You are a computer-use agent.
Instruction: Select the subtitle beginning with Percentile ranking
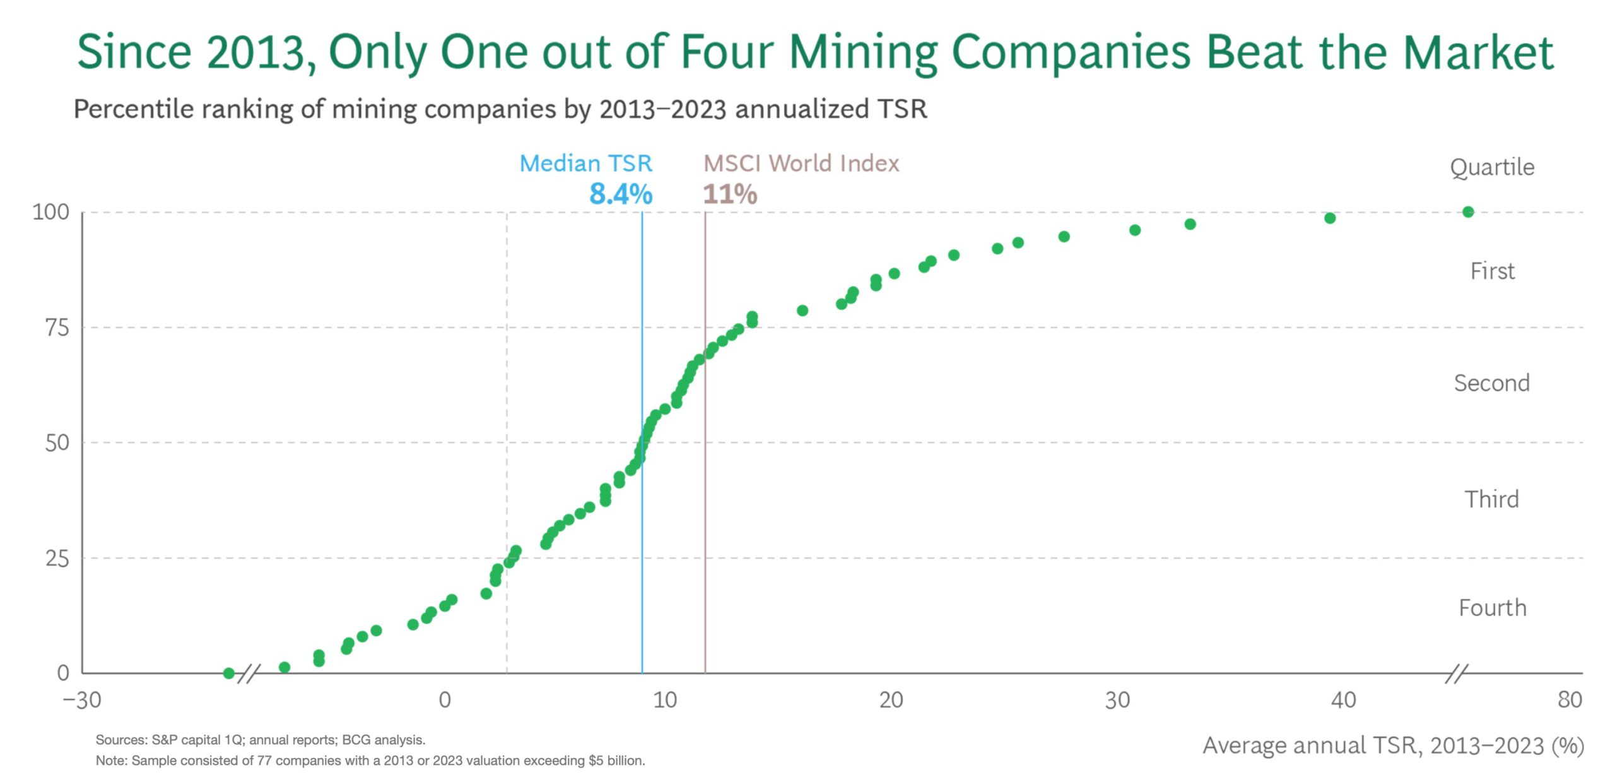tap(500, 109)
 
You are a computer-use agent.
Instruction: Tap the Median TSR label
tap(585, 163)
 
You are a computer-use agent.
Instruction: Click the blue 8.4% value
tap(620, 194)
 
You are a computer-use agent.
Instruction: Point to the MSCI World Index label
tap(801, 163)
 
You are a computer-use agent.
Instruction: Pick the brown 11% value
tap(730, 194)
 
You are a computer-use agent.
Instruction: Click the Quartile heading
tap(1492, 167)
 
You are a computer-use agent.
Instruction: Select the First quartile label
tap(1492, 271)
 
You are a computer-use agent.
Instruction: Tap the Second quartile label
tap(1492, 383)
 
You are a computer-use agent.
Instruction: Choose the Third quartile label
tap(1492, 499)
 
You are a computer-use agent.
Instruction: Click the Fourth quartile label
tap(1493, 608)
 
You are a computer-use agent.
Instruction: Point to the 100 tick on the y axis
tap(50, 212)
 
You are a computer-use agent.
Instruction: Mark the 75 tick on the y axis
tap(57, 328)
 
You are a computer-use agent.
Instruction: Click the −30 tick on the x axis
tap(82, 700)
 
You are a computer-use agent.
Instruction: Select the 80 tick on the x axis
tap(1570, 700)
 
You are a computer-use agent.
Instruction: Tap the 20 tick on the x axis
tap(891, 700)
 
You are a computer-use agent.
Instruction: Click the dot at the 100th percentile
tap(1468, 212)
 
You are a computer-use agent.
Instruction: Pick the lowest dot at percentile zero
tap(229, 673)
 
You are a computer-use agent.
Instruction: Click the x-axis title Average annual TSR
tap(1393, 746)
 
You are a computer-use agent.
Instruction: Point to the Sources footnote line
tap(261, 740)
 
